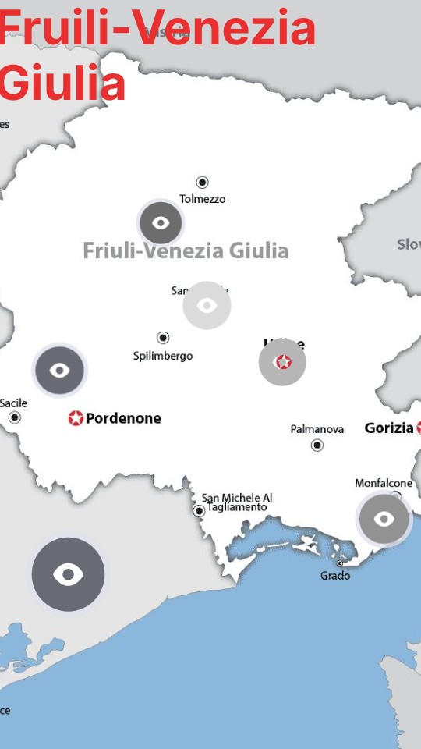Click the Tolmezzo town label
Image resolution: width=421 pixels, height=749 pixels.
[x=202, y=199]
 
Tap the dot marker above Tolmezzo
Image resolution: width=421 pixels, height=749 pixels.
[x=202, y=183]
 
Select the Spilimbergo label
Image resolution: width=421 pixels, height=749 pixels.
[x=163, y=356]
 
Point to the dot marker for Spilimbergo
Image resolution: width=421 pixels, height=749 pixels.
[x=163, y=338]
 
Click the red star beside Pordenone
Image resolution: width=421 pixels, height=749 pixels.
[x=76, y=418]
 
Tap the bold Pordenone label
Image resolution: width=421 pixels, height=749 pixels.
[x=123, y=418]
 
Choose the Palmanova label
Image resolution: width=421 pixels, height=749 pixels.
[x=317, y=429]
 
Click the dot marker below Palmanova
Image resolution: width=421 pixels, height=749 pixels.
[x=317, y=445]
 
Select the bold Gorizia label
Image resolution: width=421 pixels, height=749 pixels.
[x=389, y=428]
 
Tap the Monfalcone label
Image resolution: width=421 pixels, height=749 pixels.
[x=383, y=483]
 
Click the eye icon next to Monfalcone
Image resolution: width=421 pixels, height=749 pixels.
[x=384, y=518]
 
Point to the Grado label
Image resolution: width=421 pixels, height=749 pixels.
[x=335, y=576]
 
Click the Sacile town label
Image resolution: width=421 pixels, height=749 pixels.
[x=13, y=403]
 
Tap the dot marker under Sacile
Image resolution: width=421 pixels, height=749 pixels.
[x=14, y=417]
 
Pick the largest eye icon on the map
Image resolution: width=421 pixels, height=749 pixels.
[x=68, y=574]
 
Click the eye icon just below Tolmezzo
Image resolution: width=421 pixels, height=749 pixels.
[x=161, y=223]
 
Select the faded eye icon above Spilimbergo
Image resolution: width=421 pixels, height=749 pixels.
[x=207, y=305]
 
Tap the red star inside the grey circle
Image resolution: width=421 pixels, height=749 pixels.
[x=282, y=362]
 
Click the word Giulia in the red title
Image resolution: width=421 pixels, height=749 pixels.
[x=62, y=83]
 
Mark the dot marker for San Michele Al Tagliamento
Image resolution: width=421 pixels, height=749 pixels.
[x=199, y=511]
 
